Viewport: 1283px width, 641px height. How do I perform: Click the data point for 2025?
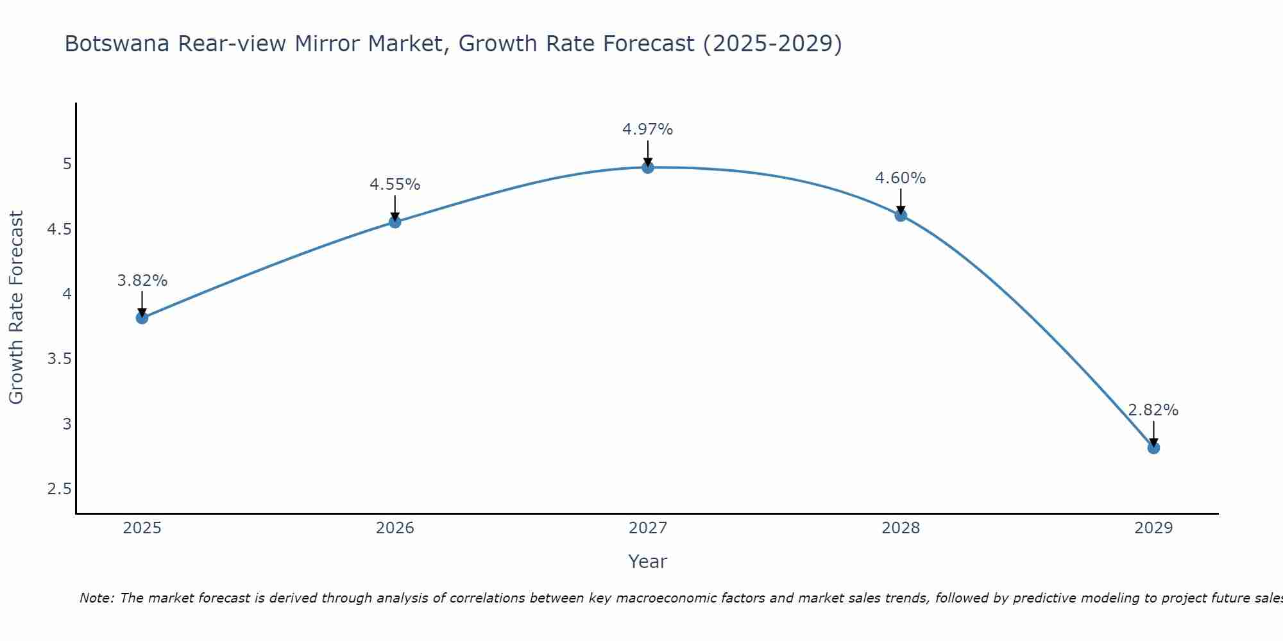click(142, 318)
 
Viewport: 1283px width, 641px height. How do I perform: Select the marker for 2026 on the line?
click(395, 222)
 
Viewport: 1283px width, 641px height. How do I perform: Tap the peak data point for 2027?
click(648, 167)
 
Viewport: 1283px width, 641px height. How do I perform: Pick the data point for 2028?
click(901, 215)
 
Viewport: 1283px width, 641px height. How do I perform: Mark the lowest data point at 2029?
click(1153, 447)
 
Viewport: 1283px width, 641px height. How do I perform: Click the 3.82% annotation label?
click(142, 281)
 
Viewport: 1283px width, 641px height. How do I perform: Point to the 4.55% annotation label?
click(395, 185)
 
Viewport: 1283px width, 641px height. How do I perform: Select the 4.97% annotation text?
click(648, 129)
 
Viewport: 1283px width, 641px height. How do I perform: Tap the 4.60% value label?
click(901, 178)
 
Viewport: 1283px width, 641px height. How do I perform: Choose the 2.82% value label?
click(1153, 410)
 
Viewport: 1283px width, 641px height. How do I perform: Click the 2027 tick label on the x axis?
click(648, 528)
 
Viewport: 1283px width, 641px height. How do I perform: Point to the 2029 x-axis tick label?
click(1153, 528)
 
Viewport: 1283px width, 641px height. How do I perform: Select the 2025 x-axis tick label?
click(142, 528)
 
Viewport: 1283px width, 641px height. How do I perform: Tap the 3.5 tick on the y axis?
click(59, 359)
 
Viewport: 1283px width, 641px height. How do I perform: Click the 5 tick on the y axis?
click(67, 164)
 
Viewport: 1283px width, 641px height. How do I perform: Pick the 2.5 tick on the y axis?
click(59, 489)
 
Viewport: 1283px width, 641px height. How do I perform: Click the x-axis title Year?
click(648, 562)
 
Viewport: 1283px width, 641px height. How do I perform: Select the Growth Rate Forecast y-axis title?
click(17, 308)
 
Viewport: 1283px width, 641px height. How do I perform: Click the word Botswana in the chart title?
click(117, 44)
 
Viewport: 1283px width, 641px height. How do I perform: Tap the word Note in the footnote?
click(96, 598)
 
